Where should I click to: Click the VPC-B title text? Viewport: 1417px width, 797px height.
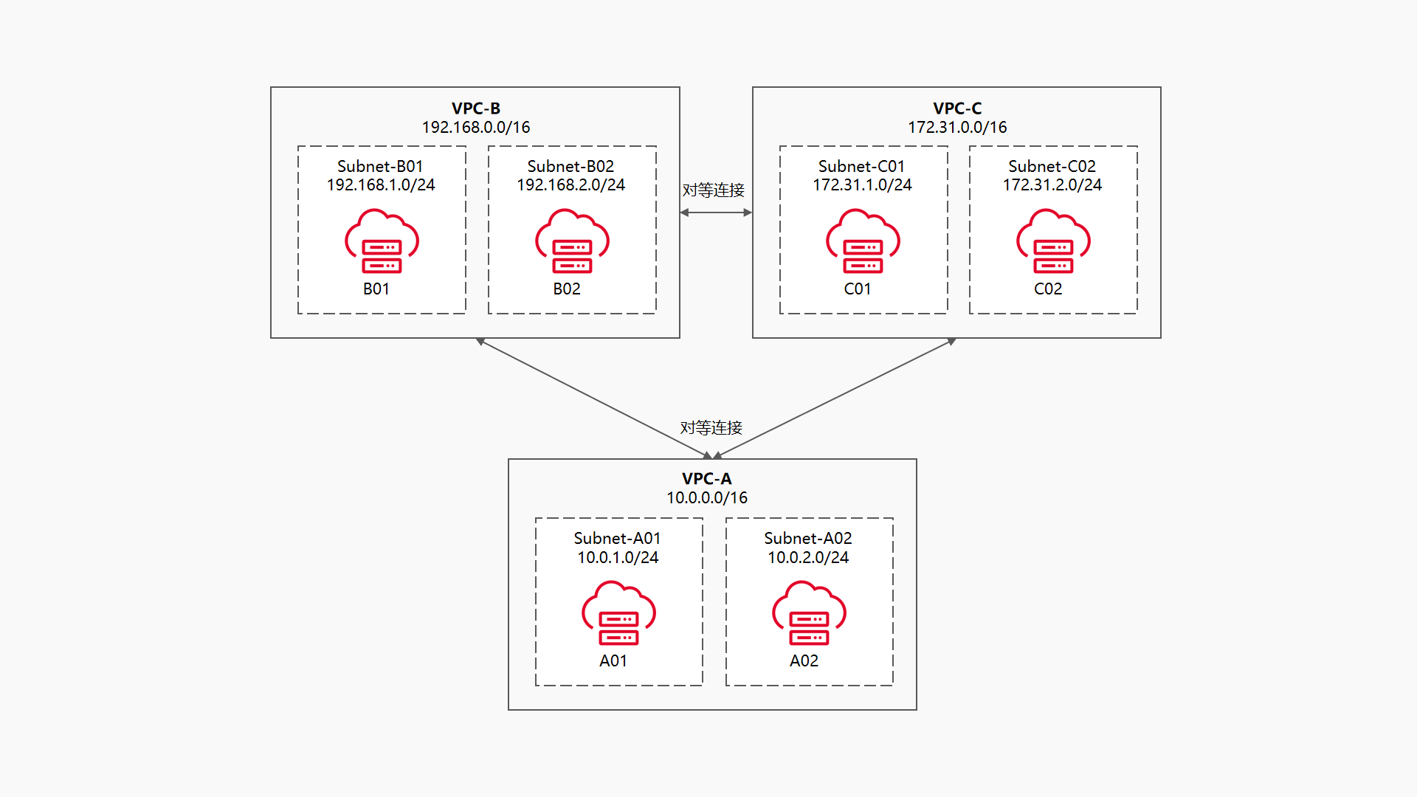(475, 108)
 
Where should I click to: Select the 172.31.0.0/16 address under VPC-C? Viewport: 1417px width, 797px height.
(956, 128)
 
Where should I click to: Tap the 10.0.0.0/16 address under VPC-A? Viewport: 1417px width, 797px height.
(707, 498)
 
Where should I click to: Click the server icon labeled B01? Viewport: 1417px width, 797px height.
(382, 243)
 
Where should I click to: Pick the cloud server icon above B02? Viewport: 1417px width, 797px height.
(572, 243)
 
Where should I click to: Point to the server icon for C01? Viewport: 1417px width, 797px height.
(863, 243)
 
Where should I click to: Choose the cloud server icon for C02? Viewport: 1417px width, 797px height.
(1053, 243)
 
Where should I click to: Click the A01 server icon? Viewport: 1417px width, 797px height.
(618, 615)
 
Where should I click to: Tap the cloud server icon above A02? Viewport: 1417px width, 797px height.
(809, 615)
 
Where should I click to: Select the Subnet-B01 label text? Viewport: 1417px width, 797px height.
(380, 166)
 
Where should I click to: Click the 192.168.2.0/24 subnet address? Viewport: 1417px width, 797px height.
(570, 185)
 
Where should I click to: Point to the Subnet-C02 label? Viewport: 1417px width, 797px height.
(1052, 166)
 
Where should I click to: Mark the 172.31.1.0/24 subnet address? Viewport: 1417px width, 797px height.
(862, 185)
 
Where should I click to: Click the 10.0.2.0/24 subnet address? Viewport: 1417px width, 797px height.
(808, 558)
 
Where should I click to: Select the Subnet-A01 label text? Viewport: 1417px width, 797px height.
(617, 539)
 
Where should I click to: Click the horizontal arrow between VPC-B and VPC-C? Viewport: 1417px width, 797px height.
(716, 213)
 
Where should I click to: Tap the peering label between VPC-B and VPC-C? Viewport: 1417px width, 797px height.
(713, 190)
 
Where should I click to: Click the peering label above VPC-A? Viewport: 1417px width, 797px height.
(711, 428)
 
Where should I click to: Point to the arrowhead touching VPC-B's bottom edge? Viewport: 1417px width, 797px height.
(480, 341)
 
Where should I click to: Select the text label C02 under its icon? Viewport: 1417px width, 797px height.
(1048, 289)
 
